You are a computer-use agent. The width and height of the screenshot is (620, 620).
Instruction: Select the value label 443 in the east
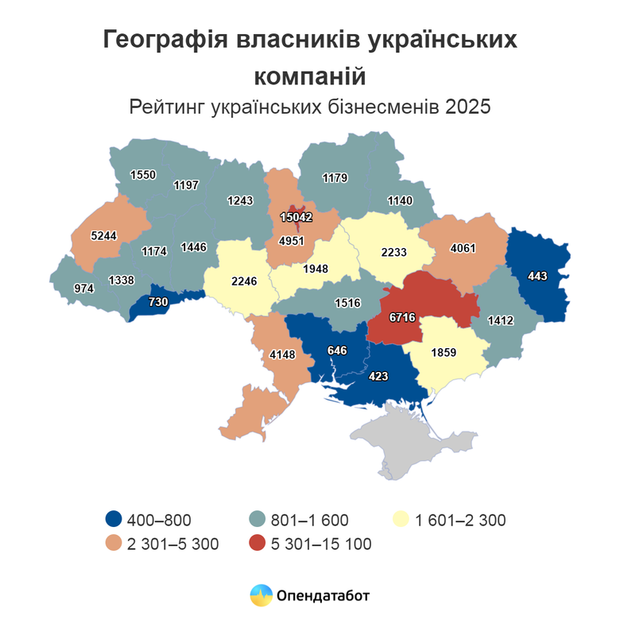(x=538, y=276)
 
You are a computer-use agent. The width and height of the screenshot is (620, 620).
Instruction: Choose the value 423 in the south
(x=378, y=377)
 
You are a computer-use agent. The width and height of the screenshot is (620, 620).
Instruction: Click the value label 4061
(x=463, y=247)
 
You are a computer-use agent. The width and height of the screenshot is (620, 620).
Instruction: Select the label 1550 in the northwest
(x=143, y=174)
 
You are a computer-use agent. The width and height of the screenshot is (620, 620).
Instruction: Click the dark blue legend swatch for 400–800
(x=114, y=521)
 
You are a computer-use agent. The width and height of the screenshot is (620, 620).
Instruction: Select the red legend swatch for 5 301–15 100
(x=257, y=544)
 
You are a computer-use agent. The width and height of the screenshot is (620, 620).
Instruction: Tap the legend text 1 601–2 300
(x=459, y=521)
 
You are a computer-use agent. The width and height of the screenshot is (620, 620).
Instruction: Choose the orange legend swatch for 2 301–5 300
(x=114, y=544)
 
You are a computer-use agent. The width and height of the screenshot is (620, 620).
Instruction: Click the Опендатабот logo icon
(x=260, y=595)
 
